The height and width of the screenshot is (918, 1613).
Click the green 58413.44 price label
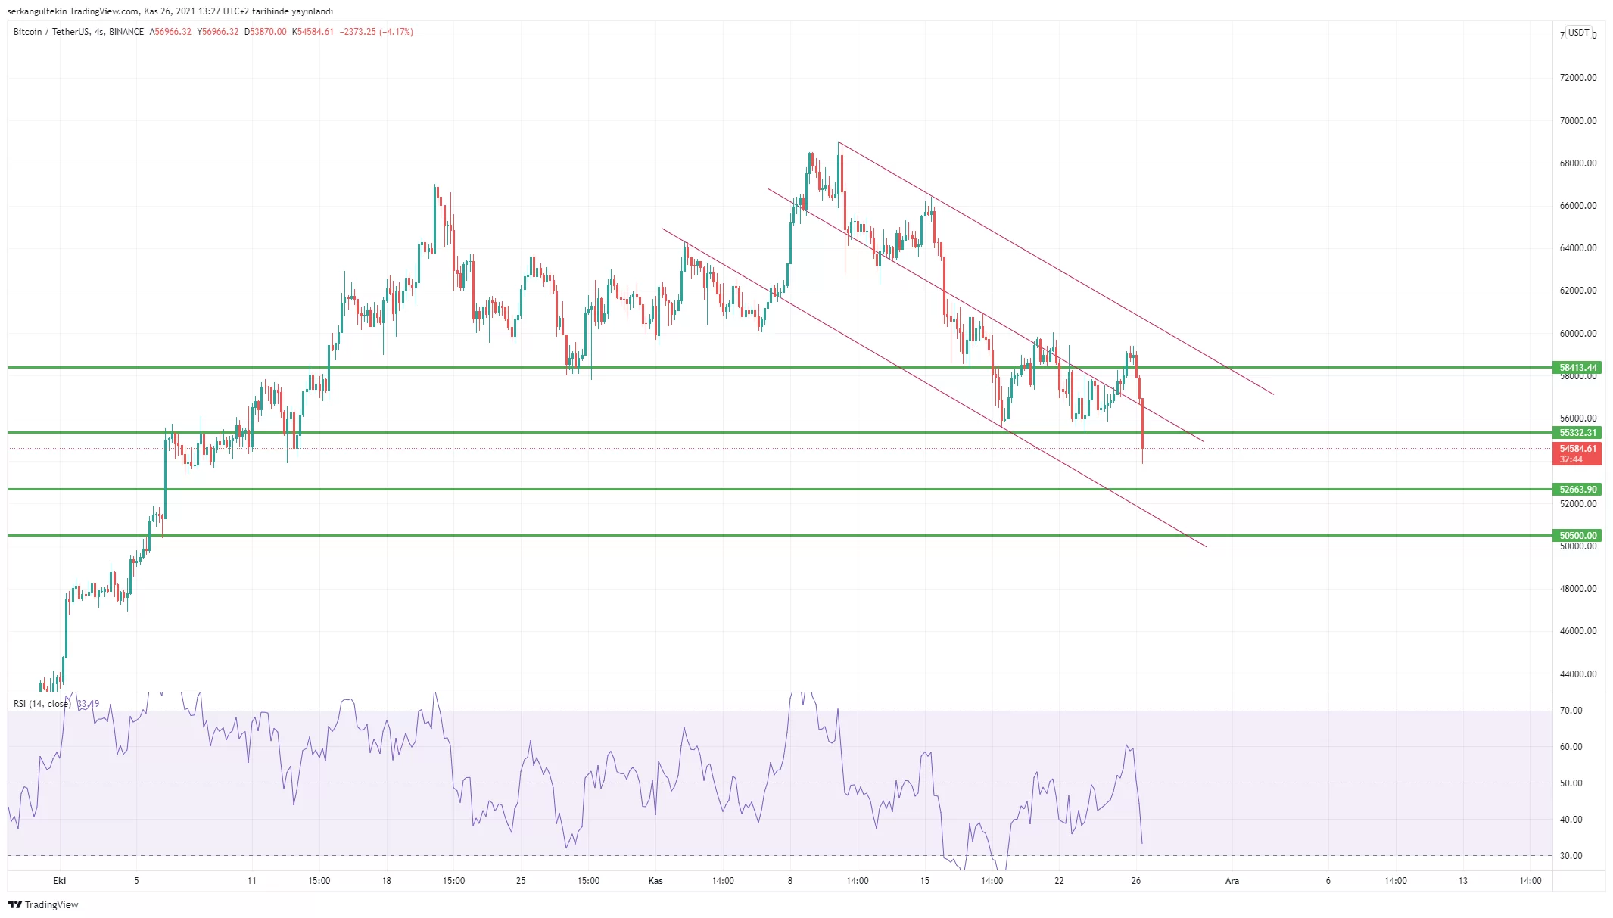(x=1577, y=368)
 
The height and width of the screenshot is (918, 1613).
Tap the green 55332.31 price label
(x=1577, y=433)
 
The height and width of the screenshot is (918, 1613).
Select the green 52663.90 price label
(x=1577, y=490)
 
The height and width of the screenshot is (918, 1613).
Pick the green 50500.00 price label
(x=1577, y=536)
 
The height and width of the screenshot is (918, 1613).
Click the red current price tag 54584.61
(x=1577, y=449)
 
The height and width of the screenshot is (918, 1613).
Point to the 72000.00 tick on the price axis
(x=1577, y=78)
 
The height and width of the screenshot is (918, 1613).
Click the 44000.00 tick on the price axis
(x=1577, y=674)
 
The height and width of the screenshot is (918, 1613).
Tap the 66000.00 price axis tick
(x=1577, y=206)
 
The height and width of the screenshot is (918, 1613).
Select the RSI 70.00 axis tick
(x=1571, y=711)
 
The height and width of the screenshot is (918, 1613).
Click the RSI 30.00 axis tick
(x=1571, y=856)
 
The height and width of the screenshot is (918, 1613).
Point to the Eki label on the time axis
(x=60, y=881)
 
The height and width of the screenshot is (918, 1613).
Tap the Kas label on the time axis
(x=655, y=881)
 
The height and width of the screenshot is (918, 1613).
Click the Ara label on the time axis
(x=1232, y=881)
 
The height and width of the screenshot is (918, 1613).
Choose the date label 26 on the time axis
(x=1136, y=881)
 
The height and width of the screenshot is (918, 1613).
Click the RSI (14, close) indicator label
(x=42, y=704)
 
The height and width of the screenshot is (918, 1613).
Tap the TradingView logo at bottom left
(x=43, y=904)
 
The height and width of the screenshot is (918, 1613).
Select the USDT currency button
(x=1578, y=33)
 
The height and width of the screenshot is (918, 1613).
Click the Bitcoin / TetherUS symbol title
(x=51, y=32)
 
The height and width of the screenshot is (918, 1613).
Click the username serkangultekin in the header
(x=36, y=11)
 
